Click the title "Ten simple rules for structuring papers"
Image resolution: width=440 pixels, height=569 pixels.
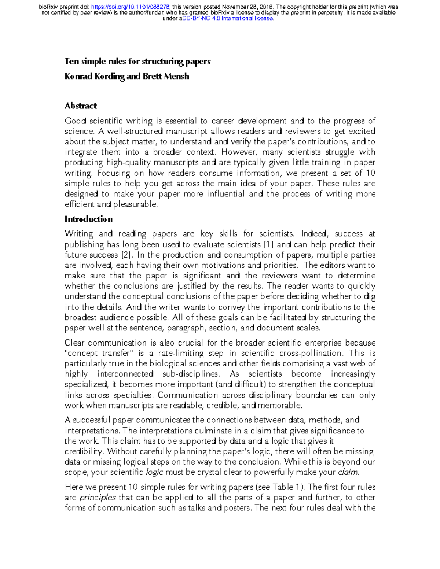coord(137,61)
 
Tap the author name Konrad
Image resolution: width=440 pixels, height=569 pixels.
coord(78,76)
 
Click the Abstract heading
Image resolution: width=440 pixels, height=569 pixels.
coord(81,106)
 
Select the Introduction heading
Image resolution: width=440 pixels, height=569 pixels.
coord(88,219)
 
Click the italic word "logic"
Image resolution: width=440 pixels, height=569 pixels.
coord(154,472)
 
